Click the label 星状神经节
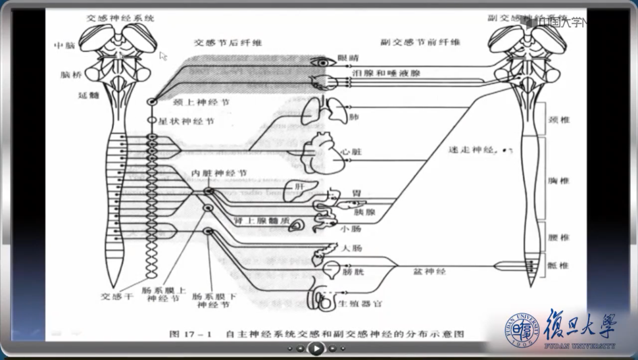(188, 122)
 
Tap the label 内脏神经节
(219, 173)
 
